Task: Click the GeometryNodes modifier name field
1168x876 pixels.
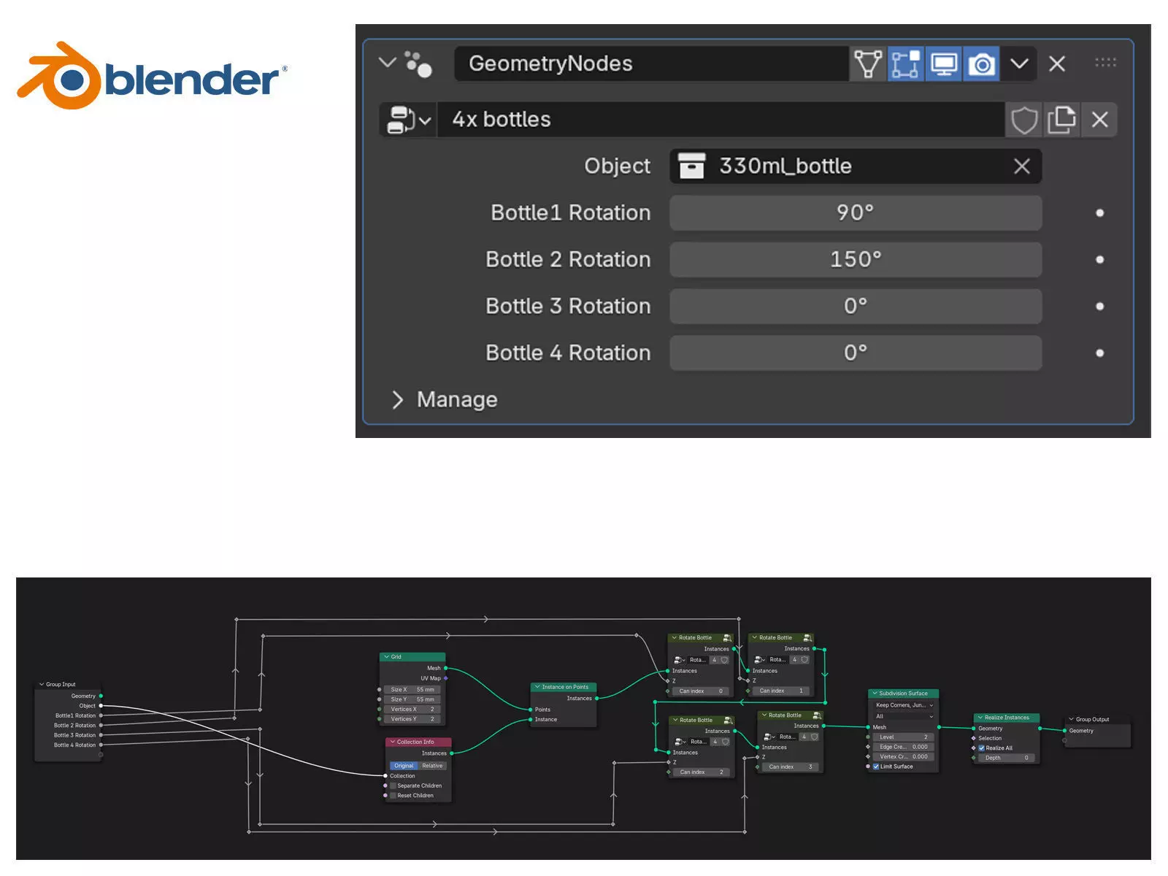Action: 650,64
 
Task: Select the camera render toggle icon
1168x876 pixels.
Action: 981,64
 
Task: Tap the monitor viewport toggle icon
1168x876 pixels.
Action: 943,64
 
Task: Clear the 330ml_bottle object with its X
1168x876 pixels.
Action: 1021,166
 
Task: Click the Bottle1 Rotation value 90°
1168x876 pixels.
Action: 855,212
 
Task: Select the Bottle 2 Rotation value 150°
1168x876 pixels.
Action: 855,259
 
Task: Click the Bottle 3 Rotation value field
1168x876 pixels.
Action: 855,306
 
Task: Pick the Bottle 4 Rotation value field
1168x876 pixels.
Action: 855,353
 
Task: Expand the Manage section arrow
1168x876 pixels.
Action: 398,400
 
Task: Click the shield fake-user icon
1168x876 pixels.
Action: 1023,120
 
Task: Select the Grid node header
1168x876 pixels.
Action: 412,657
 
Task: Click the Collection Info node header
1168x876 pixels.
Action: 418,742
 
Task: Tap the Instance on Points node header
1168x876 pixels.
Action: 564,687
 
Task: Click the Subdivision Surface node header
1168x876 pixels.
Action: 903,693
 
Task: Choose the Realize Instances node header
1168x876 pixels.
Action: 1006,718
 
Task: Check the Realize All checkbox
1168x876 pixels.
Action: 982,748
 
